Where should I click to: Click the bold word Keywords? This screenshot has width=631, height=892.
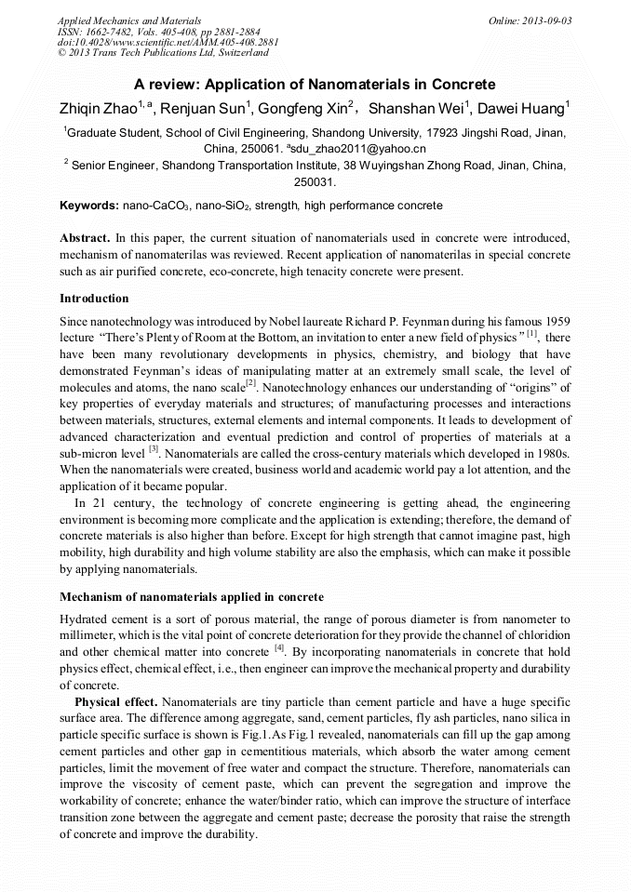coord(88,205)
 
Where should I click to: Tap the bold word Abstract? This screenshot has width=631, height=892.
coord(86,239)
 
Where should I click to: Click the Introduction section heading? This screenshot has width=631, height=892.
coord(94,299)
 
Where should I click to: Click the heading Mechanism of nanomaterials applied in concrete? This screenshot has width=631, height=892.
coord(192,595)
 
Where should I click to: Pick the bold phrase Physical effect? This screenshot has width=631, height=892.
coord(115,701)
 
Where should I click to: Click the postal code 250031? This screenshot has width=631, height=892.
coord(315,182)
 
